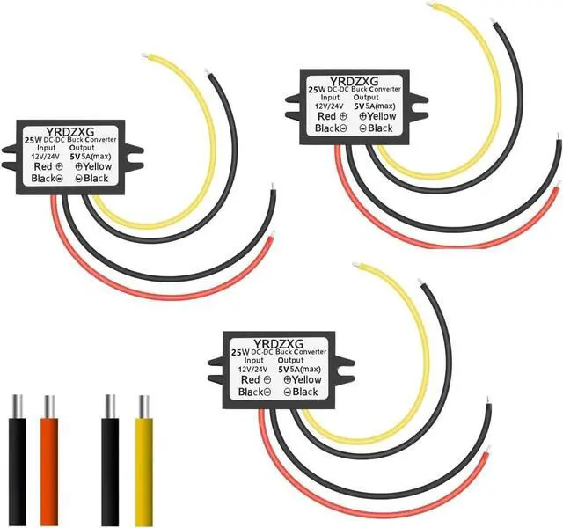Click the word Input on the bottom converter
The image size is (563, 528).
[x=256, y=360]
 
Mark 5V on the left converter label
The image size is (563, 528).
[x=79, y=155]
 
